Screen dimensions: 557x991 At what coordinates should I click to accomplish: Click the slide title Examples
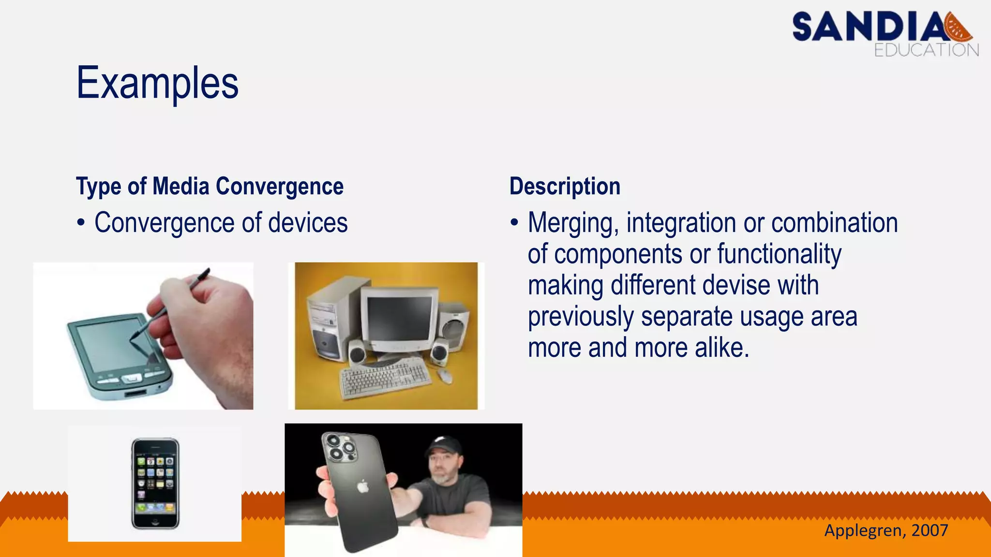pyautogui.click(x=157, y=83)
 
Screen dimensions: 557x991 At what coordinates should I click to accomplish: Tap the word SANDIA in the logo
pyautogui.click(x=869, y=28)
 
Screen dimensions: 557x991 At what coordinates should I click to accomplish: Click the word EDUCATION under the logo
pyautogui.click(x=926, y=50)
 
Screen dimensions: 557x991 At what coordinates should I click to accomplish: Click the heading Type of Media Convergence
pyautogui.click(x=210, y=187)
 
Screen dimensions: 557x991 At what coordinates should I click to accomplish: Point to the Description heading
pyautogui.click(x=565, y=187)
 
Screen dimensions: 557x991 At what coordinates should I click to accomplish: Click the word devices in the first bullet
pyautogui.click(x=308, y=223)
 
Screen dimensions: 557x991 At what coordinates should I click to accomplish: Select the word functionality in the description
pyautogui.click(x=779, y=254)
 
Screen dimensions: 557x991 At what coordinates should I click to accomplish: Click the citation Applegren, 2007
pyautogui.click(x=886, y=530)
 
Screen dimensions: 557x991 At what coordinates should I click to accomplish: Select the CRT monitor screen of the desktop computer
pyautogui.click(x=399, y=318)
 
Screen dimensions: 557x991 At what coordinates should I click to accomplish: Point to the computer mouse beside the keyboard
pyautogui.click(x=445, y=375)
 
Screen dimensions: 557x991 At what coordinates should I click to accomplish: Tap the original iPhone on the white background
pyautogui.click(x=155, y=484)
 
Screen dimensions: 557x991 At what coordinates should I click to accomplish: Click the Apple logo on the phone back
pyautogui.click(x=362, y=486)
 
